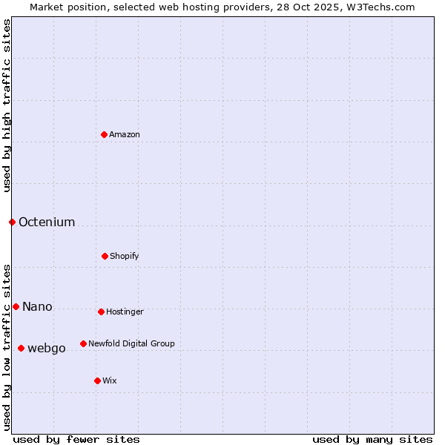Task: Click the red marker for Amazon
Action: pyautogui.click(x=105, y=134)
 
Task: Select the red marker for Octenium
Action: pyautogui.click(x=12, y=222)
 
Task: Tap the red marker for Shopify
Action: pyautogui.click(x=105, y=256)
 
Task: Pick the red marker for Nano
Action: pyautogui.click(x=16, y=306)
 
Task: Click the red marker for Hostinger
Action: pyautogui.click(x=101, y=311)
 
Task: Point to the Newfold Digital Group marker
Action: pyautogui.click(x=83, y=343)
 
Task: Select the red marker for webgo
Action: pyautogui.click(x=21, y=348)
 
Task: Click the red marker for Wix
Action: pyautogui.click(x=97, y=380)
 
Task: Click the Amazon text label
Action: pyautogui.click(x=125, y=134)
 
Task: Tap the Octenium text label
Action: pyautogui.click(x=47, y=222)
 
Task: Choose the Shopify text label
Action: pyautogui.click(x=125, y=256)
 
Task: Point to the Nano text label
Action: pyautogui.click(x=37, y=306)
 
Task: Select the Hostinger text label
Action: pyautogui.click(x=125, y=311)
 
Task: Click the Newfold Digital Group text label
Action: pyautogui.click(x=131, y=343)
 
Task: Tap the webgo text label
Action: pyautogui.click(x=47, y=348)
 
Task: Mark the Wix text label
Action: pyautogui.click(x=110, y=380)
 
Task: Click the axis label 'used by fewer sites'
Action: pyautogui.click(x=76, y=439)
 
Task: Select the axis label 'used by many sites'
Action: pyautogui.click(x=372, y=439)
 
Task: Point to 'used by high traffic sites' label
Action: pyautogui.click(x=7, y=105)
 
